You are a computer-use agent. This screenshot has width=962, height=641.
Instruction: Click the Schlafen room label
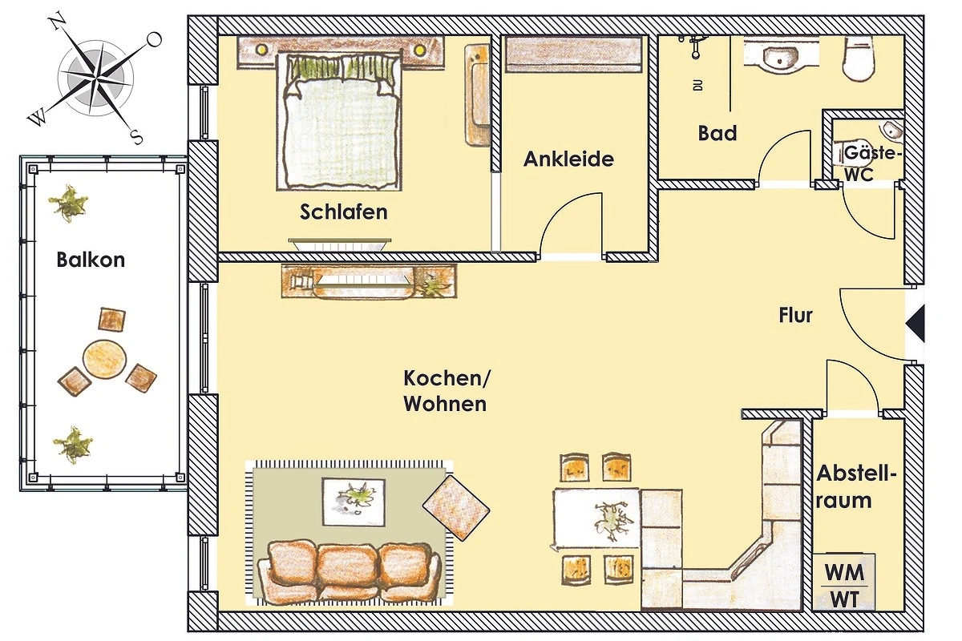[344, 212]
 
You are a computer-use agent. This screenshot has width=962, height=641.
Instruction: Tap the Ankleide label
[568, 159]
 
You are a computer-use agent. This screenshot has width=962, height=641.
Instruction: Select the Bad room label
[717, 133]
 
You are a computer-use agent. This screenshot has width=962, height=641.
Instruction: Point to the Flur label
[796, 315]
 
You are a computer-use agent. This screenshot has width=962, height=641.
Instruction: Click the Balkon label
[91, 260]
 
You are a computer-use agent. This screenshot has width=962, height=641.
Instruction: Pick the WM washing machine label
[844, 572]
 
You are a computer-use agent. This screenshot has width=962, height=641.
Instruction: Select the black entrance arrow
[916, 323]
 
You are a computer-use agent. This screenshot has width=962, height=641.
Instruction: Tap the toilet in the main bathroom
[859, 58]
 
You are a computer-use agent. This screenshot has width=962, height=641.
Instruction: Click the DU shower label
[698, 85]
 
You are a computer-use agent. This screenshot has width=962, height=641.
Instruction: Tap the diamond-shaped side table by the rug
[456, 508]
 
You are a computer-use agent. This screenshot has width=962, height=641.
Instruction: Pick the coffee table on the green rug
[354, 502]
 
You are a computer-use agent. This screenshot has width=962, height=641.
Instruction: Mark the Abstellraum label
[856, 487]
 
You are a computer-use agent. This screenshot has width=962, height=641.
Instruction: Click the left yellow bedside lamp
[261, 50]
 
